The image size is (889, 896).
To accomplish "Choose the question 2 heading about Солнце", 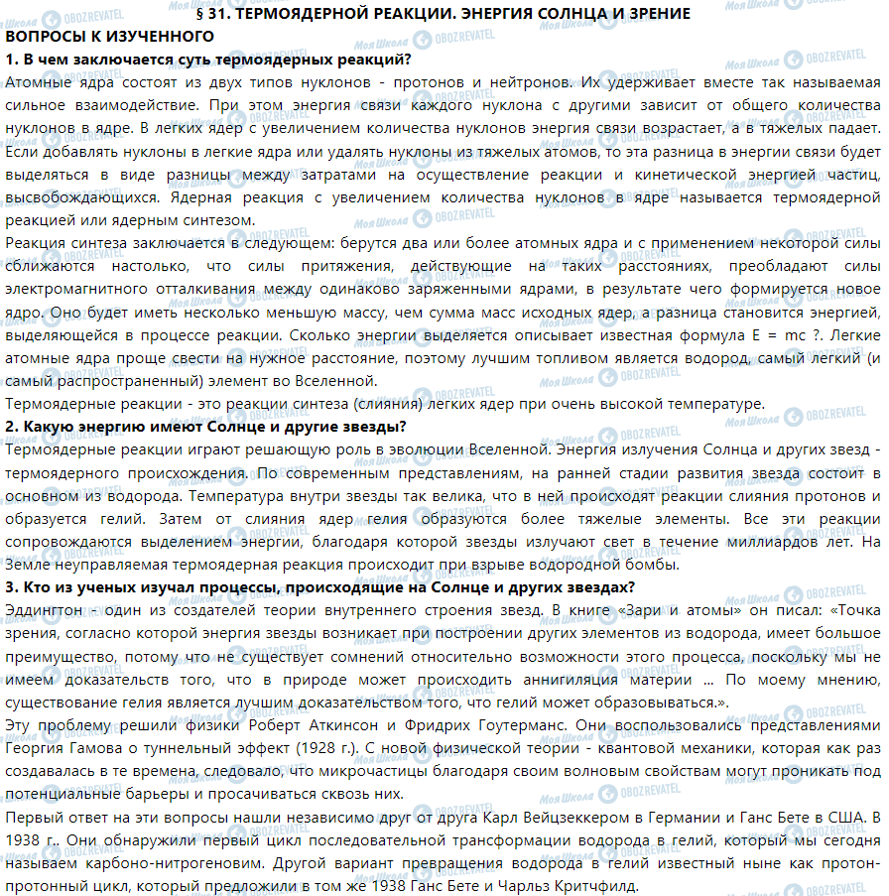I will [x=205, y=426].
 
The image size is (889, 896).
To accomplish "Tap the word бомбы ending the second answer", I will [x=653, y=565].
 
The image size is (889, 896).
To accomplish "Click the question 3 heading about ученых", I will [x=314, y=586].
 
